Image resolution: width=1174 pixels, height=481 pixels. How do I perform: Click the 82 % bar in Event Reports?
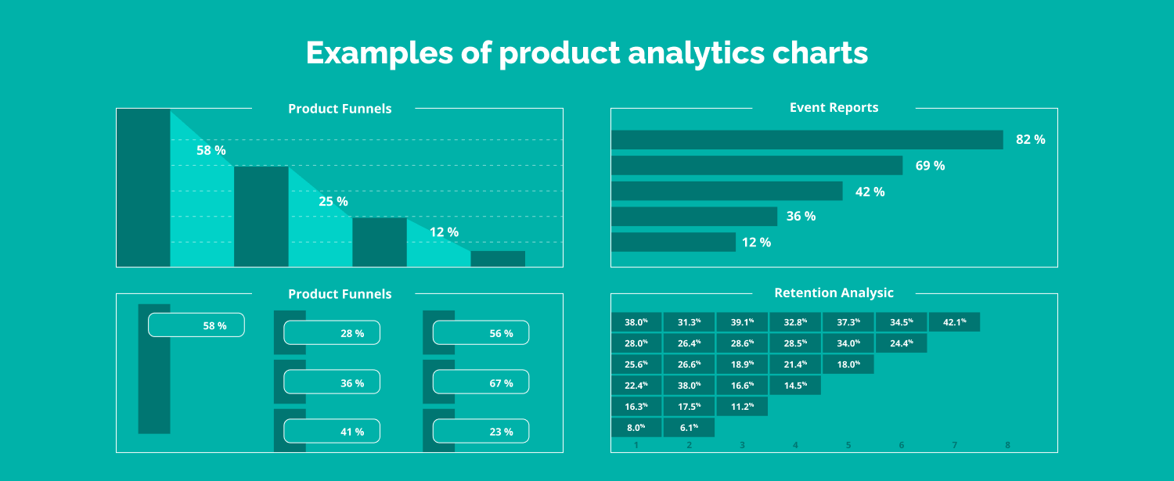click(x=806, y=140)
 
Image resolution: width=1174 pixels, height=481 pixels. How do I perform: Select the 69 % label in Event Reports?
click(x=930, y=166)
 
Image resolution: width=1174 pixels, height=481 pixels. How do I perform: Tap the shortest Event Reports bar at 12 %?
click(x=673, y=242)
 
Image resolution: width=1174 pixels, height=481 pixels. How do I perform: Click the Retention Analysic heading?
click(x=834, y=293)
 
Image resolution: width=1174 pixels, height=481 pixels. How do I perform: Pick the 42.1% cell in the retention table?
click(x=954, y=322)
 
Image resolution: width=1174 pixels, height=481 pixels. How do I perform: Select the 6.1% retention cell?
click(x=689, y=428)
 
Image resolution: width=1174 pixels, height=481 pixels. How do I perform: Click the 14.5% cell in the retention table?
click(x=795, y=386)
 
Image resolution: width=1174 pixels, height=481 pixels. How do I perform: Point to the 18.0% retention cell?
click(x=848, y=364)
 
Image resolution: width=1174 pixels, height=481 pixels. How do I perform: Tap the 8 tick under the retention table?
click(x=1007, y=445)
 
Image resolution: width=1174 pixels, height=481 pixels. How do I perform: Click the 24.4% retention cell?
click(x=901, y=343)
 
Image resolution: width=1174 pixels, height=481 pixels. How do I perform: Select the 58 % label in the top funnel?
click(x=211, y=150)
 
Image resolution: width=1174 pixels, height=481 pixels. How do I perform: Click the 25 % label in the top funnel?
click(x=333, y=202)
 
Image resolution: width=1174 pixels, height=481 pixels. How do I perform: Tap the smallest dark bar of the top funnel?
click(x=498, y=259)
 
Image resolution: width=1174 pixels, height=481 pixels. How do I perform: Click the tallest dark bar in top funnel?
click(x=143, y=188)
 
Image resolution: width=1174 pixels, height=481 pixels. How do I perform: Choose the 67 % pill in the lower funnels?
click(x=481, y=382)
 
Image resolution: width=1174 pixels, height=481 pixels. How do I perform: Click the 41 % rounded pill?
click(x=332, y=432)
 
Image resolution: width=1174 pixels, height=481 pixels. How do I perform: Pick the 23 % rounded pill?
click(x=481, y=432)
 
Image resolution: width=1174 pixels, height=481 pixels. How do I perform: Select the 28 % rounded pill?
click(x=332, y=333)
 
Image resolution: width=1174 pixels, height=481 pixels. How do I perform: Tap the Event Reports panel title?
click(x=834, y=108)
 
